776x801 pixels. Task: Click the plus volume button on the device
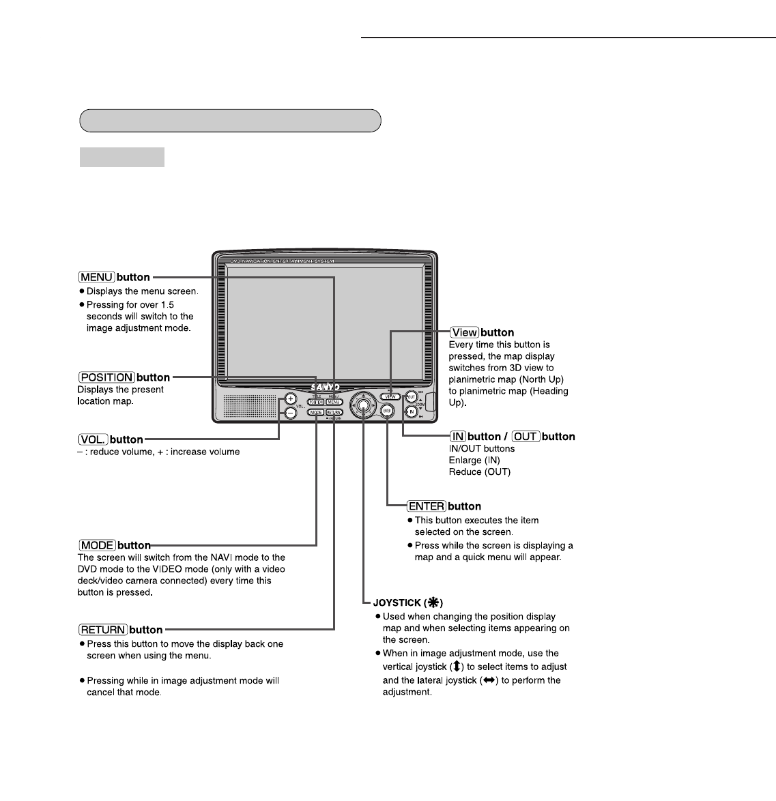click(290, 399)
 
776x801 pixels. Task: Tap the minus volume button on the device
click(290, 413)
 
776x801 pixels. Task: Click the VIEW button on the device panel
click(390, 396)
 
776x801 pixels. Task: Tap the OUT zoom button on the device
click(411, 396)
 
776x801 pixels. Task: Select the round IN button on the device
click(412, 412)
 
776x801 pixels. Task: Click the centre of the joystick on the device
click(364, 405)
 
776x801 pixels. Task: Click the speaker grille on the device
click(249, 406)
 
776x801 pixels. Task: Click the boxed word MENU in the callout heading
click(96, 277)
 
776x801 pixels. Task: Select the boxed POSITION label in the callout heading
click(106, 377)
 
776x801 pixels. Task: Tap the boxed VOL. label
click(92, 439)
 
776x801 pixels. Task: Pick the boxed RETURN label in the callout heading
click(103, 630)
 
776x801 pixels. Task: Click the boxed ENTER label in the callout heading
click(427, 506)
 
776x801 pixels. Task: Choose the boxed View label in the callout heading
click(464, 332)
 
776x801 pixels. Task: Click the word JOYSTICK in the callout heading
click(397, 603)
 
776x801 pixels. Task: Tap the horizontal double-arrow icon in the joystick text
click(487, 680)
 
